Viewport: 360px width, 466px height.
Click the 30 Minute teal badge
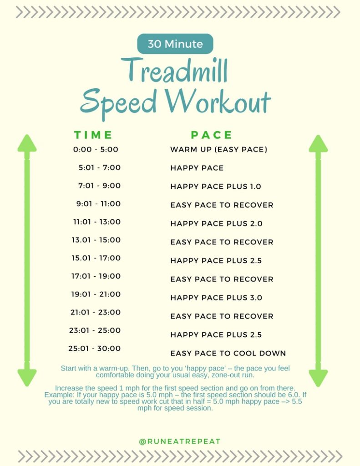point(175,44)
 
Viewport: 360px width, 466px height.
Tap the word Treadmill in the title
point(174,71)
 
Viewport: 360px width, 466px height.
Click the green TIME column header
point(93,135)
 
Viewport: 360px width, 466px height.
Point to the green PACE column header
point(212,135)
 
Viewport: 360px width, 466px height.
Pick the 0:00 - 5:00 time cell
point(96,149)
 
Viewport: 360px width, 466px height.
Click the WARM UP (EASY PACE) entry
point(218,149)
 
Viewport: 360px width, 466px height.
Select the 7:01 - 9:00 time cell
point(99,186)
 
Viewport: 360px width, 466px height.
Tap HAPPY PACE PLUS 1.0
point(216,187)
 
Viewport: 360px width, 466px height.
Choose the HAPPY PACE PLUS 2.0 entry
point(216,223)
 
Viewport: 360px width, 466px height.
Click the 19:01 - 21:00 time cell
point(96,294)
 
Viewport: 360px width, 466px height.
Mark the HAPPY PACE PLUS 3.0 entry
point(216,298)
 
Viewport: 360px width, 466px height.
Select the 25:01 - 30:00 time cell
point(95,349)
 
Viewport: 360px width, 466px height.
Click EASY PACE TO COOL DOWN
point(228,353)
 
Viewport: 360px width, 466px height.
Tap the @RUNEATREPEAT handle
point(180,441)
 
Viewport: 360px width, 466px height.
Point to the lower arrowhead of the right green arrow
point(318,377)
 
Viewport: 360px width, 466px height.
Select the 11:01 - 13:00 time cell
point(97,222)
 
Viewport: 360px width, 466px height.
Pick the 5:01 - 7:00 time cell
point(100,167)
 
